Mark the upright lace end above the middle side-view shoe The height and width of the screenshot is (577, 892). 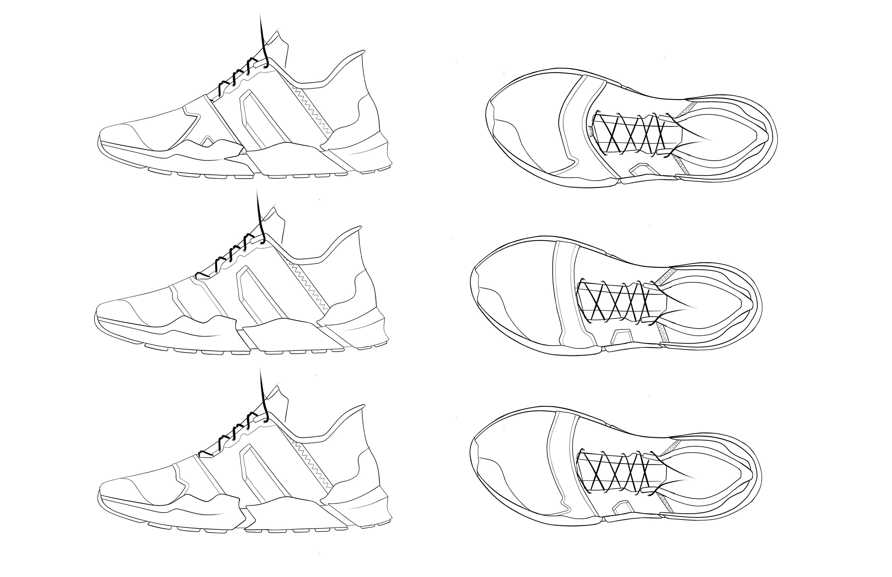coord(260,214)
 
